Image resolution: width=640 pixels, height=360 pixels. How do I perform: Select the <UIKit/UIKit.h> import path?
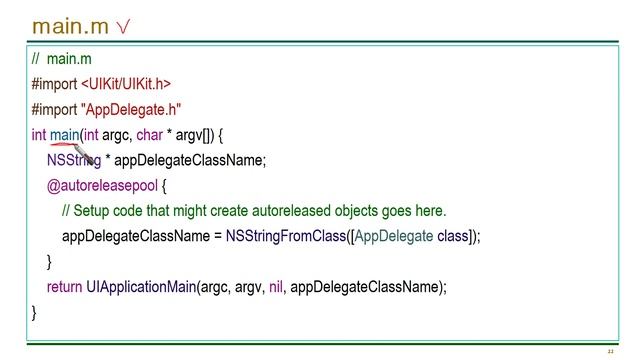click(x=126, y=84)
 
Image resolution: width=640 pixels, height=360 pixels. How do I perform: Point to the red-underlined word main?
click(x=64, y=135)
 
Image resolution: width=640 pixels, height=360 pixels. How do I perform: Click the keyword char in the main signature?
click(x=150, y=135)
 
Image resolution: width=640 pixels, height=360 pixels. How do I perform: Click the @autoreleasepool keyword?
click(x=102, y=186)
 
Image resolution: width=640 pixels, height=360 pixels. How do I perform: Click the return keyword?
click(x=64, y=287)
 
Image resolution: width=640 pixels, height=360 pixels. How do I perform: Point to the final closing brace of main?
click(x=34, y=313)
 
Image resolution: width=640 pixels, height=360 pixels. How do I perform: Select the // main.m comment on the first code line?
click(x=61, y=59)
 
